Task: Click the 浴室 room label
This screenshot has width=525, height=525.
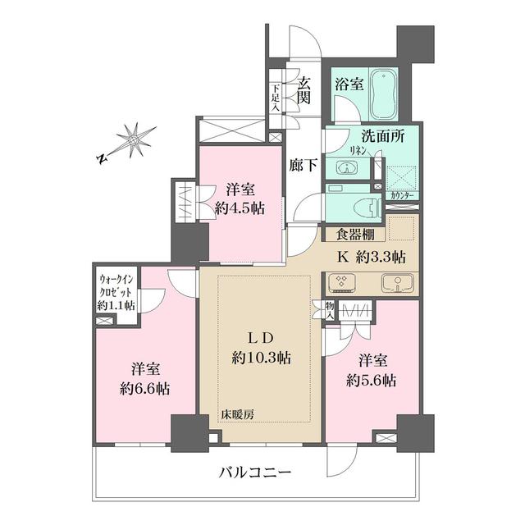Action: tap(349, 83)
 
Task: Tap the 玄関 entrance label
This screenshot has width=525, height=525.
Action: tap(304, 89)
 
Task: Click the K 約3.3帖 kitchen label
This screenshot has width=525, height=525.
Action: tap(371, 257)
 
